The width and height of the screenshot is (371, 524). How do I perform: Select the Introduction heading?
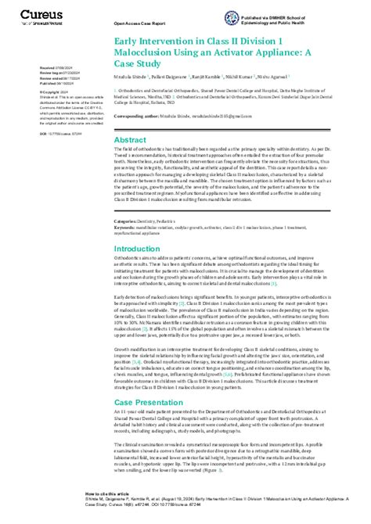[137, 249]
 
